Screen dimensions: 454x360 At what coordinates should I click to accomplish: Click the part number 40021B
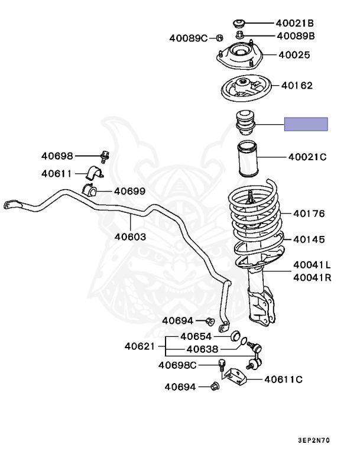[x=294, y=24]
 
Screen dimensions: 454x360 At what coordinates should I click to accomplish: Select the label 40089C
[x=188, y=38]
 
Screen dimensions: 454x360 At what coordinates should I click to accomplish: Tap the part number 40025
[x=294, y=55]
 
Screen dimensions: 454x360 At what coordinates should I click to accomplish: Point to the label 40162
[x=297, y=85]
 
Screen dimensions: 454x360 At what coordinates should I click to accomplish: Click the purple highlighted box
[x=306, y=124]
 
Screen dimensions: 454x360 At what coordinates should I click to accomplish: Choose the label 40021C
[x=307, y=157]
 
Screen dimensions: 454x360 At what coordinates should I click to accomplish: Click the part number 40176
[x=309, y=213]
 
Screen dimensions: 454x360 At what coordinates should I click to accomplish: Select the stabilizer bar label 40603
[x=131, y=236]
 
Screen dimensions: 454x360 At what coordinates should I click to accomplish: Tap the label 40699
[x=129, y=191]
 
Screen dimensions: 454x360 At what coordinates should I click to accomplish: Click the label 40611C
[x=283, y=380]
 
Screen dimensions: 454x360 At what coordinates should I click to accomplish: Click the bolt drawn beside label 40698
[x=105, y=157]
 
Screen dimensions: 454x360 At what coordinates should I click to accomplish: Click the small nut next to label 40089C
[x=218, y=38]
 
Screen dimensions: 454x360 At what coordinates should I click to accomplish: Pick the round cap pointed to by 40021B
[x=240, y=24]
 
